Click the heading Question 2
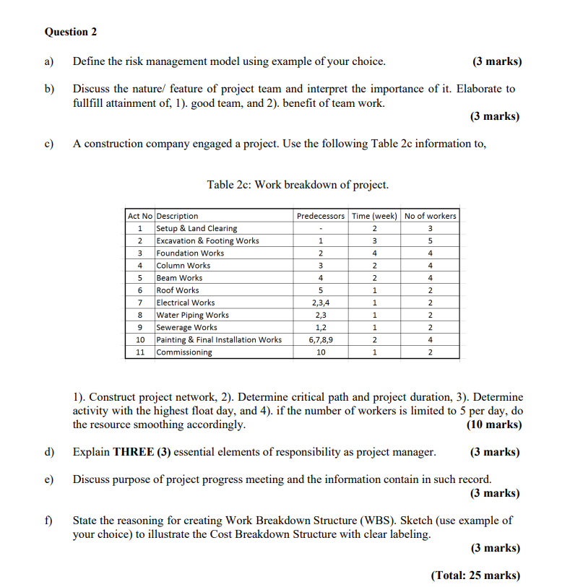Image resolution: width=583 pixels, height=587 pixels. pos(70,32)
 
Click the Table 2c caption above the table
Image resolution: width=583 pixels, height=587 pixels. pos(298,185)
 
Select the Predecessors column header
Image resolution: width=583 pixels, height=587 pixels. pos(320,216)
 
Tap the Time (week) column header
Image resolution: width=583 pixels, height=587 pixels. pos(374,216)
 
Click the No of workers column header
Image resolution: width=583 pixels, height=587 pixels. pos(430,216)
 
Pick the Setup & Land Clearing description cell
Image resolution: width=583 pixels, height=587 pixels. pos(197,228)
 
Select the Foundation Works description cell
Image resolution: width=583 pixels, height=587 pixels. pos(191,253)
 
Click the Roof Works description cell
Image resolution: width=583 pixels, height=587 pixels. pos(178,290)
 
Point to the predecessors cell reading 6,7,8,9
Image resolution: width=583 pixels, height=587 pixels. pos(320,339)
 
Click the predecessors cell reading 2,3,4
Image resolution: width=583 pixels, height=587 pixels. pos(320,303)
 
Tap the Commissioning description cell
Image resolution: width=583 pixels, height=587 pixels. pos(184,352)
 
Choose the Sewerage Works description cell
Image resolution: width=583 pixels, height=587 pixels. pos(186,327)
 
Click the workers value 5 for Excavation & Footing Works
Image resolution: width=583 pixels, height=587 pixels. pos(430,240)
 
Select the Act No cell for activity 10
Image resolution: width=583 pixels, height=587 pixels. pos(140,339)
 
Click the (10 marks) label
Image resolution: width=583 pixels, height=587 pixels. pos(494,425)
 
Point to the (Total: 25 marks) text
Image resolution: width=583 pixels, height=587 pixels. pos(475,575)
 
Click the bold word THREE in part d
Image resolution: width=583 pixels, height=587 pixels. pos(134,452)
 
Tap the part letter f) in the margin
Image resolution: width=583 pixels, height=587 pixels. pos(49,520)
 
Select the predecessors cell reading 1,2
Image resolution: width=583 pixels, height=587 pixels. pos(320,327)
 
